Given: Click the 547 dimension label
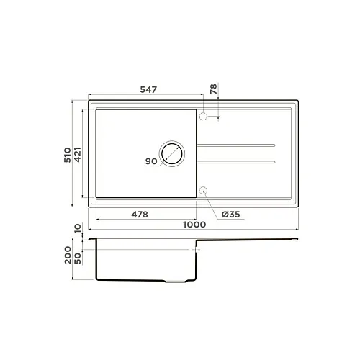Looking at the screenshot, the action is point(148,89).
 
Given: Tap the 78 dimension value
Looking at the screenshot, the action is point(213,89).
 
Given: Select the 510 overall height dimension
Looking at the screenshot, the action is point(68,155).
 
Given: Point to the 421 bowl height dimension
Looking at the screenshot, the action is point(78,155).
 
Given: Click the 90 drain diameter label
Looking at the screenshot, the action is point(151,161).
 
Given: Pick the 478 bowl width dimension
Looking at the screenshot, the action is point(140,215).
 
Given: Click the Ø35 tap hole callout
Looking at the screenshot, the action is point(230,214).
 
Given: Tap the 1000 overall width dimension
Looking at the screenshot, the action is point(194,225).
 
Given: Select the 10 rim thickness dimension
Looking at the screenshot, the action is point(78,228).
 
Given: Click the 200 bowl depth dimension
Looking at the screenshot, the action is point(68,255).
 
